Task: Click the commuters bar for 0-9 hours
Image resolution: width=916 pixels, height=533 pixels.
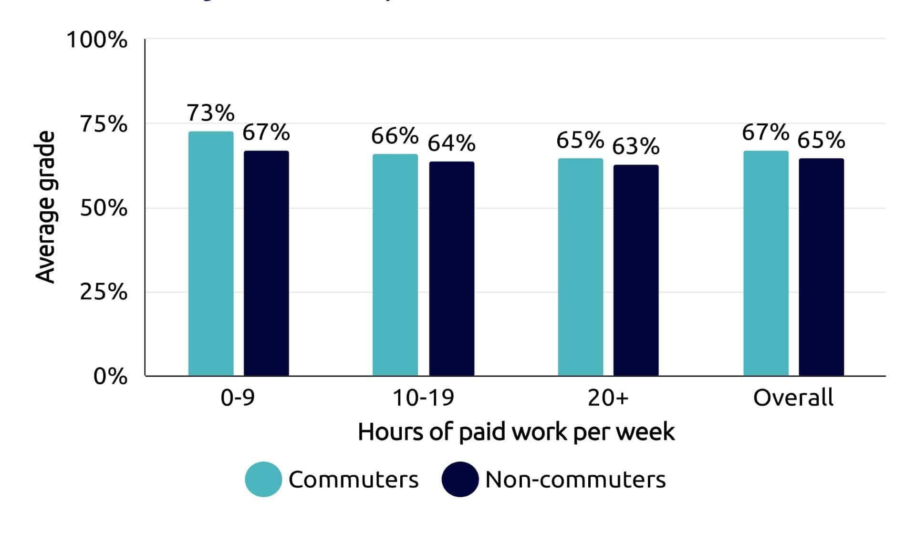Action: pyautogui.click(x=211, y=254)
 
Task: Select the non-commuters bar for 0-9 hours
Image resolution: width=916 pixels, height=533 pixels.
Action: pyautogui.click(x=266, y=263)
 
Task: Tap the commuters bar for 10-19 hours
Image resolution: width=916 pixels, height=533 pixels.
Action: pyautogui.click(x=395, y=265)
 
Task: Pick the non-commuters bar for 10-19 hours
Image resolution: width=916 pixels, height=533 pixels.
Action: pyautogui.click(x=451, y=269)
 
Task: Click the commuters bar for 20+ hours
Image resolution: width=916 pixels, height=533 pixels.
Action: pyautogui.click(x=580, y=267)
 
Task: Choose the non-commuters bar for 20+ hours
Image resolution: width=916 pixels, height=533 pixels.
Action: pyautogui.click(x=635, y=270)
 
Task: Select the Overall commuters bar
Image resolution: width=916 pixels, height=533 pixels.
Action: pyautogui.click(x=766, y=263)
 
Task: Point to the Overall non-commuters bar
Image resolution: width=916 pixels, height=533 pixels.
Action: pyautogui.click(x=821, y=267)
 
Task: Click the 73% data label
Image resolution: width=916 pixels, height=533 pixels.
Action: pyautogui.click(x=210, y=113)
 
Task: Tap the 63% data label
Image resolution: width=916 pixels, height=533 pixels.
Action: pyautogui.click(x=635, y=146)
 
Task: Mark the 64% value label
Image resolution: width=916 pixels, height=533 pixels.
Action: pyautogui.click(x=451, y=143)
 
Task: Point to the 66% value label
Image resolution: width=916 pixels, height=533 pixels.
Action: pyautogui.click(x=395, y=136)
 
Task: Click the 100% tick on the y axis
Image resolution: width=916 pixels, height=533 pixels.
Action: pyautogui.click(x=97, y=40)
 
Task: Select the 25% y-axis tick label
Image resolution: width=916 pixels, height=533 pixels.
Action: pyautogui.click(x=104, y=292)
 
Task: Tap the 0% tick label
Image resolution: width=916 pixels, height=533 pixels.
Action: pyautogui.click(x=110, y=376)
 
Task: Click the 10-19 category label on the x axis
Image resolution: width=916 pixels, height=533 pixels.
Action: pyautogui.click(x=423, y=398)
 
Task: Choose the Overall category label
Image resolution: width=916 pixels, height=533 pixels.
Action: pyautogui.click(x=793, y=398)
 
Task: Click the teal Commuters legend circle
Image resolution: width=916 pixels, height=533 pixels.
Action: pyautogui.click(x=263, y=479)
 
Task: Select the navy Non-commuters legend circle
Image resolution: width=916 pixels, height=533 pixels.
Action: pyautogui.click(x=460, y=479)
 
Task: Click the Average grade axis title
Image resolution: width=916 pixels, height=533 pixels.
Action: pyautogui.click(x=46, y=207)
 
